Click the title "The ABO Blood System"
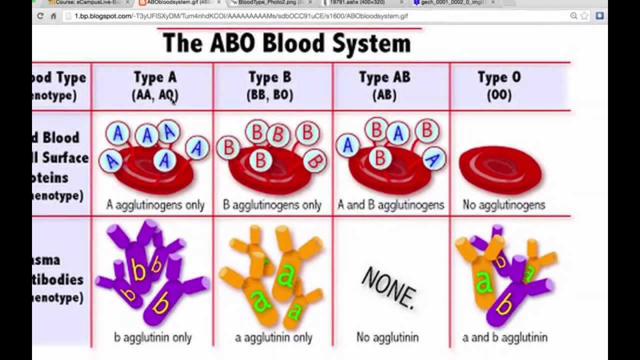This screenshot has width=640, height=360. click(x=286, y=43)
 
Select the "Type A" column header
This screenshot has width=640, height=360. click(x=155, y=78)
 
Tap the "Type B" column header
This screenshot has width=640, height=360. click(x=270, y=78)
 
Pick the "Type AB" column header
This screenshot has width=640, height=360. click(x=384, y=78)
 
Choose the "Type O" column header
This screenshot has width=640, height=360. click(x=499, y=78)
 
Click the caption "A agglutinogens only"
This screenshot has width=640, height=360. click(x=155, y=205)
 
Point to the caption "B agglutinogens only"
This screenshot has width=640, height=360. click(x=272, y=205)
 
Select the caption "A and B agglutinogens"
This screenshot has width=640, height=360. click(x=391, y=205)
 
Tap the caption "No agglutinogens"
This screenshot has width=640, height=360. click(x=504, y=205)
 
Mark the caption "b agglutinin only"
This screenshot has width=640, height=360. click(x=152, y=337)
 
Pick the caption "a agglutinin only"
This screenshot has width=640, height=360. click(x=273, y=337)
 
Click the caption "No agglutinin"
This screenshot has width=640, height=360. click(x=387, y=337)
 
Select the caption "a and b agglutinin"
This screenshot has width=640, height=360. click(x=505, y=337)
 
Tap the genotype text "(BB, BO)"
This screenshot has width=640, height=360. click(x=270, y=95)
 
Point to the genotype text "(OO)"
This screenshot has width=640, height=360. click(x=499, y=95)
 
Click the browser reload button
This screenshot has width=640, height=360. click(x=40, y=16)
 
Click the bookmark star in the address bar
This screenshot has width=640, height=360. click(x=584, y=16)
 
